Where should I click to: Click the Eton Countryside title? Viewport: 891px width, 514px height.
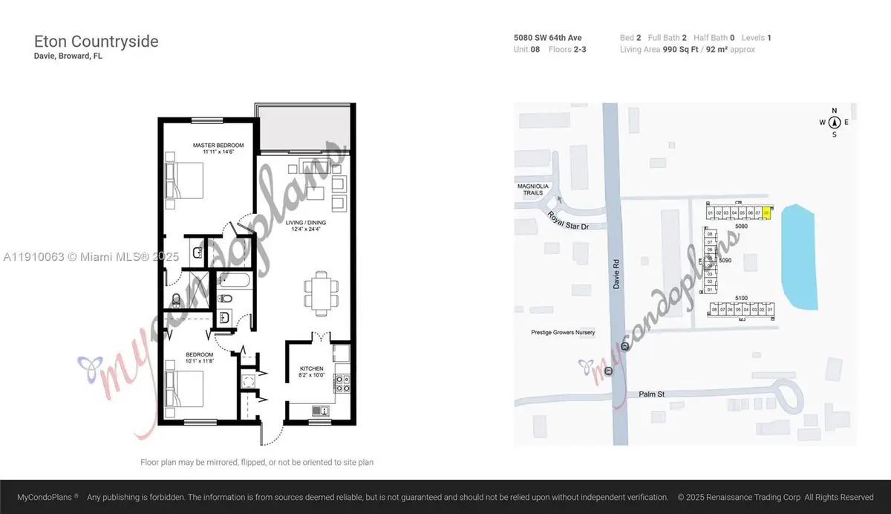[97, 42]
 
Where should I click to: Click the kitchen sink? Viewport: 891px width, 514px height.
[321, 410]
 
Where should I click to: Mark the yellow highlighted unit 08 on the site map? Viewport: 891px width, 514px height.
[766, 213]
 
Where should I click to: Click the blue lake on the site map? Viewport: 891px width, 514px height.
[800, 256]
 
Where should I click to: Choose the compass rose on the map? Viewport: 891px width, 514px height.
[835, 123]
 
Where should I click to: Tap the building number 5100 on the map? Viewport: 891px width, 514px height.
[741, 298]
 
